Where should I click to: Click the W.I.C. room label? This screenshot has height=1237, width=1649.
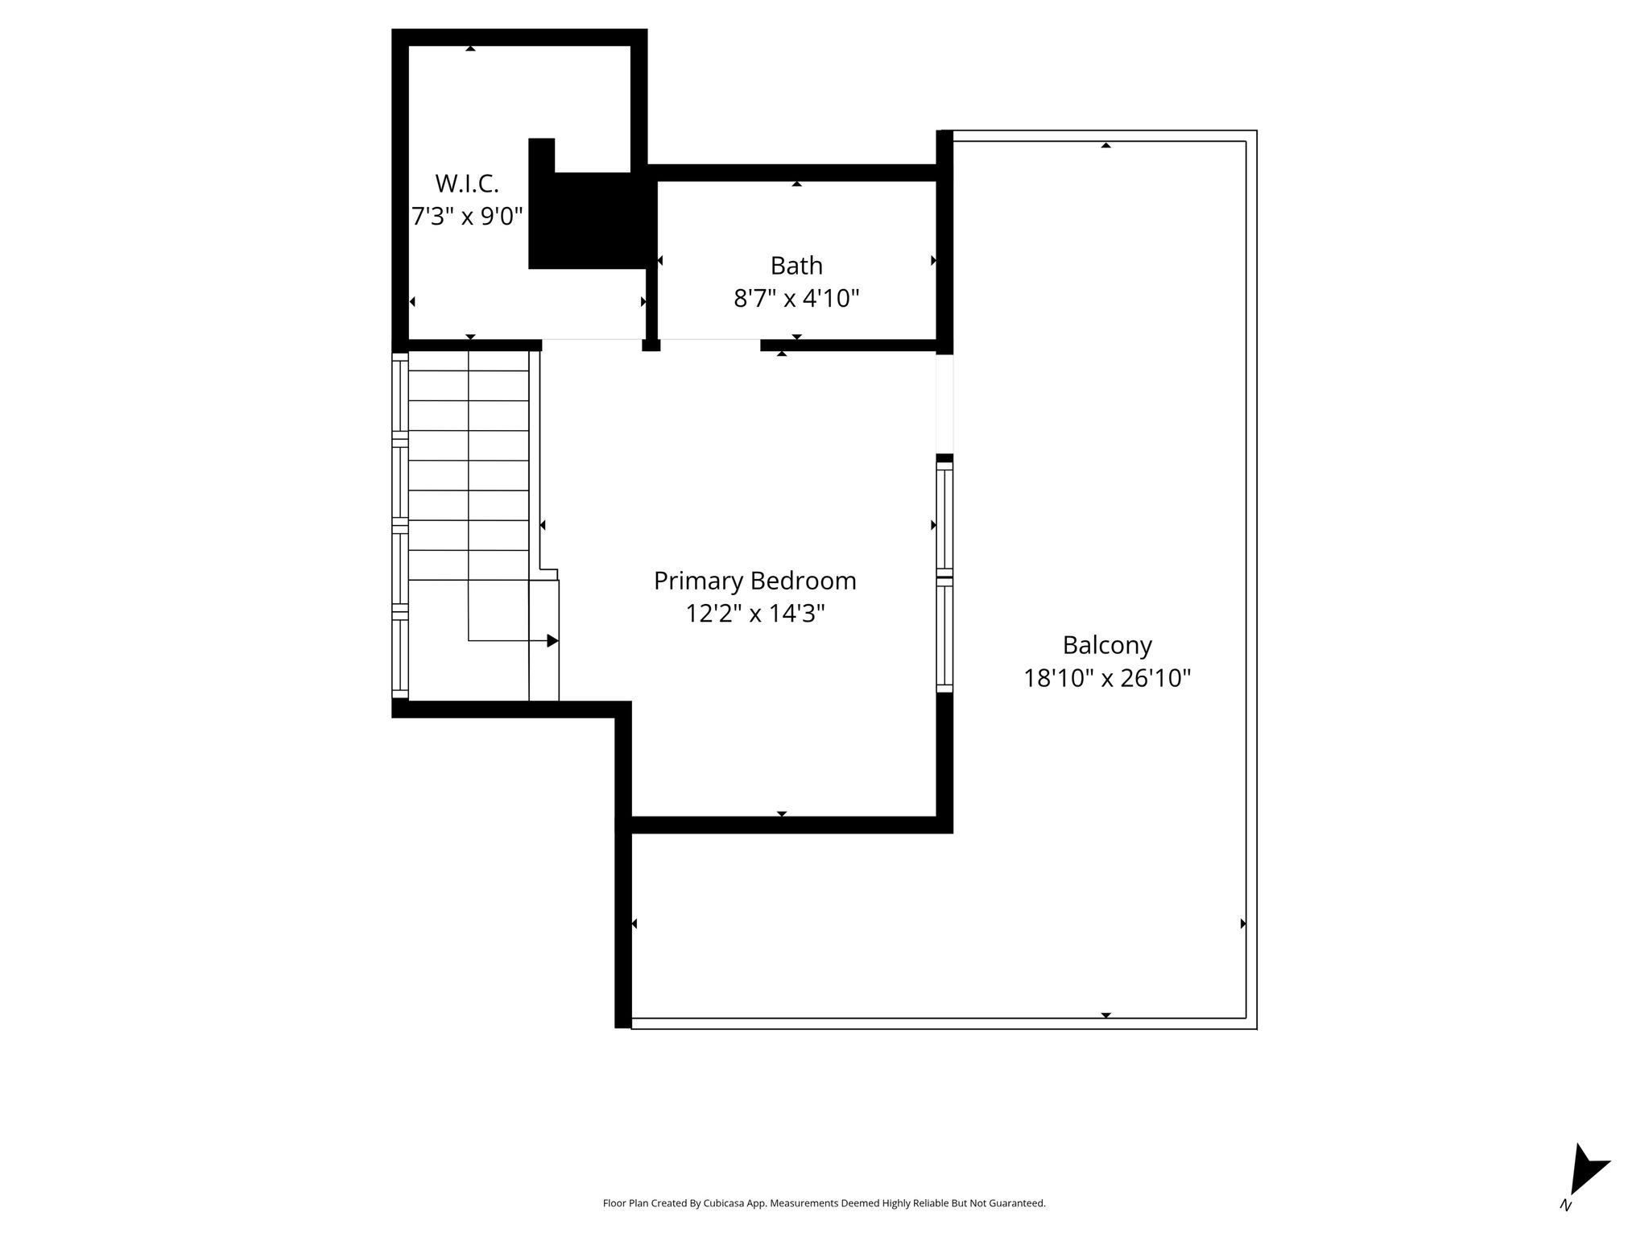click(x=467, y=184)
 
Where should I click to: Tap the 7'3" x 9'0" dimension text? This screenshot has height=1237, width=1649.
click(x=467, y=217)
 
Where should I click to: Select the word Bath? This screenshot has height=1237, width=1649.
click(x=796, y=266)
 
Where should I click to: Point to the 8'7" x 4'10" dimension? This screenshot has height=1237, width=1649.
click(x=796, y=299)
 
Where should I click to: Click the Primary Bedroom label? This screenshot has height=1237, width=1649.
click(x=754, y=581)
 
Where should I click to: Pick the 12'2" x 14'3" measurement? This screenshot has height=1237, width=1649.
click(x=754, y=614)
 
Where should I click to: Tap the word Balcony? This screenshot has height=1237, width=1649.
click(x=1107, y=646)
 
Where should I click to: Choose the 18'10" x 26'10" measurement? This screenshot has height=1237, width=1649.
click(x=1107, y=679)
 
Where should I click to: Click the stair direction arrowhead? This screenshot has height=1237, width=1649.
click(x=553, y=641)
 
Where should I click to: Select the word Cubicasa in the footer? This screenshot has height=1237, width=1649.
click(x=723, y=1203)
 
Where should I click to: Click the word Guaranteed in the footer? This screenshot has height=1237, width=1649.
click(x=1020, y=1203)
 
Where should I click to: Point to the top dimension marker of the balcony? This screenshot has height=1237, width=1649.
click(x=1106, y=145)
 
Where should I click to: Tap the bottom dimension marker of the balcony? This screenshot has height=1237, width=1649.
click(x=1106, y=1015)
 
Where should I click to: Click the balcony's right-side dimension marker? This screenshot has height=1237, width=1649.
click(x=1243, y=924)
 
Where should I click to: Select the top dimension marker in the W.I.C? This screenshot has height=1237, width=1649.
click(x=470, y=48)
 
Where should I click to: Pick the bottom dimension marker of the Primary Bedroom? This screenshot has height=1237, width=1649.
click(x=782, y=813)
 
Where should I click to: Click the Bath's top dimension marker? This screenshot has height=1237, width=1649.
click(x=796, y=184)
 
